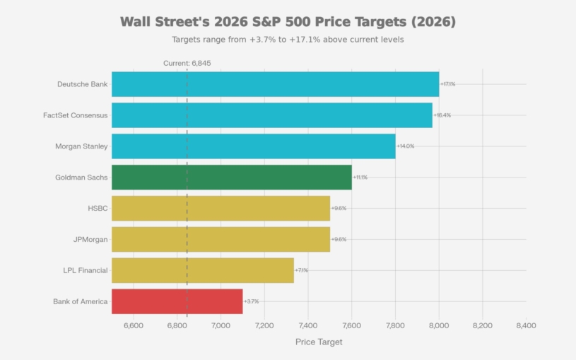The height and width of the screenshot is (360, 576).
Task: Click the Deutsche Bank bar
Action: pyautogui.click(x=275, y=84)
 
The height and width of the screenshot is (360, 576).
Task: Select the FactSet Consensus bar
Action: pyautogui.click(x=271, y=115)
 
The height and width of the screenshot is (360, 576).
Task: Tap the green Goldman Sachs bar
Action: pyautogui.click(x=231, y=178)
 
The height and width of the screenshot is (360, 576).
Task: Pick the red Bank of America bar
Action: pyautogui.click(x=177, y=301)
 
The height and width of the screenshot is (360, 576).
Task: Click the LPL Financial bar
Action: pyautogui.click(x=202, y=270)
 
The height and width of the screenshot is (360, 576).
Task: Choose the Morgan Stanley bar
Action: pyautogui.click(x=253, y=146)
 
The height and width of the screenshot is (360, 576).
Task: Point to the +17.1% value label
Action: pyautogui.click(x=447, y=84)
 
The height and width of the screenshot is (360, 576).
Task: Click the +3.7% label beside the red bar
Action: pyautogui.click(x=251, y=301)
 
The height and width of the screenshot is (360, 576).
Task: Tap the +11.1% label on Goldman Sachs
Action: pyautogui.click(x=360, y=178)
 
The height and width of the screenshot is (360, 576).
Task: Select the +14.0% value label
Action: pyautogui.click(x=405, y=146)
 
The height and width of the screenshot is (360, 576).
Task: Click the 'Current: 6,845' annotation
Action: pyautogui.click(x=187, y=64)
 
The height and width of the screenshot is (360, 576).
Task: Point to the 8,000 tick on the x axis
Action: pyautogui.click(x=439, y=325)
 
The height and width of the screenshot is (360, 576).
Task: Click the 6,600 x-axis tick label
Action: pyautogui.click(x=134, y=325)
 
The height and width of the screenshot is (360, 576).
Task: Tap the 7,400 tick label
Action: pyautogui.click(x=308, y=325)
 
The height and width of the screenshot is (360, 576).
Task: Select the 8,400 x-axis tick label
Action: pyautogui.click(x=526, y=325)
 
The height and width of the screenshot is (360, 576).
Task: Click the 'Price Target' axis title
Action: pyautogui.click(x=319, y=342)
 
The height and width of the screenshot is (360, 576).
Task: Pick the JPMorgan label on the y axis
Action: pyautogui.click(x=90, y=240)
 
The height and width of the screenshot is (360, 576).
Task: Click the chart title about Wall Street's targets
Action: pyautogui.click(x=288, y=22)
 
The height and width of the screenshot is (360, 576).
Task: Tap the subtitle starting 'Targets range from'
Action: pyautogui.click(x=288, y=40)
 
